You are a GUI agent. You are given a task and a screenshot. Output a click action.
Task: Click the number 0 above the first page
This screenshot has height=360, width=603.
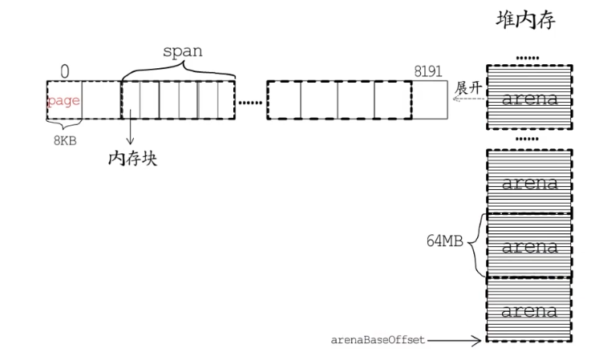click(x=65, y=72)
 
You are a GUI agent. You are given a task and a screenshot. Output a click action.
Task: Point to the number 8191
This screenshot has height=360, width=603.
click(x=427, y=72)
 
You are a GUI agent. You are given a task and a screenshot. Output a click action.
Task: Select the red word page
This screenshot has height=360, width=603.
click(x=64, y=101)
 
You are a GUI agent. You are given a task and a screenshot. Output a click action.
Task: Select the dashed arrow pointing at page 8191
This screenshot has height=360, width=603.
click(x=467, y=101)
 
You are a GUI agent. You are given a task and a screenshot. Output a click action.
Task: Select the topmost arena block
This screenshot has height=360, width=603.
click(x=529, y=99)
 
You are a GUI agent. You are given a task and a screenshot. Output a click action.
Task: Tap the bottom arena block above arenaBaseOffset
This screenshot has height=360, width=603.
click(x=529, y=309)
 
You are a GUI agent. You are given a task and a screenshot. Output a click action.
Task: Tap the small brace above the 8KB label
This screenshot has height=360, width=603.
click(x=64, y=125)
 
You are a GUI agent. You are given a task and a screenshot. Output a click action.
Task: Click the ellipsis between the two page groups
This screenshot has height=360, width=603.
click(x=250, y=103)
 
